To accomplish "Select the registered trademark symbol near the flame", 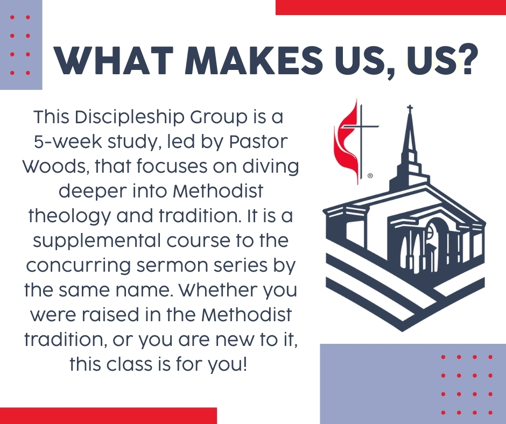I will point(370,176).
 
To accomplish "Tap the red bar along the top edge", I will point(390,7).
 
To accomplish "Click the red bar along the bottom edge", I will point(108,416).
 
